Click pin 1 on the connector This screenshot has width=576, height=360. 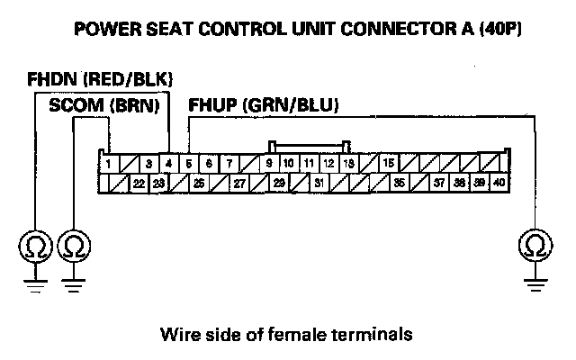[107, 164]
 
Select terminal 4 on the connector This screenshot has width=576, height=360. [169, 164]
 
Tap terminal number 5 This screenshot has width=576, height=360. [189, 164]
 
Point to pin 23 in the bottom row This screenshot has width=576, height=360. [158, 183]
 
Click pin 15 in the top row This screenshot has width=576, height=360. [389, 164]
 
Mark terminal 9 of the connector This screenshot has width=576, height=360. [269, 164]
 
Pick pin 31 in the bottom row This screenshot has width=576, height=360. [319, 183]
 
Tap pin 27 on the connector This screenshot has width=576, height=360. [239, 183]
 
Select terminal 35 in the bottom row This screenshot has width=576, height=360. [400, 183]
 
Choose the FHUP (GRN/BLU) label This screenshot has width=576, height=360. [263, 106]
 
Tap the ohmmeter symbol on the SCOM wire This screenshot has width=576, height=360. [73, 245]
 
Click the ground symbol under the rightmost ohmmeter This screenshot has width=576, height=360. [537, 281]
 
